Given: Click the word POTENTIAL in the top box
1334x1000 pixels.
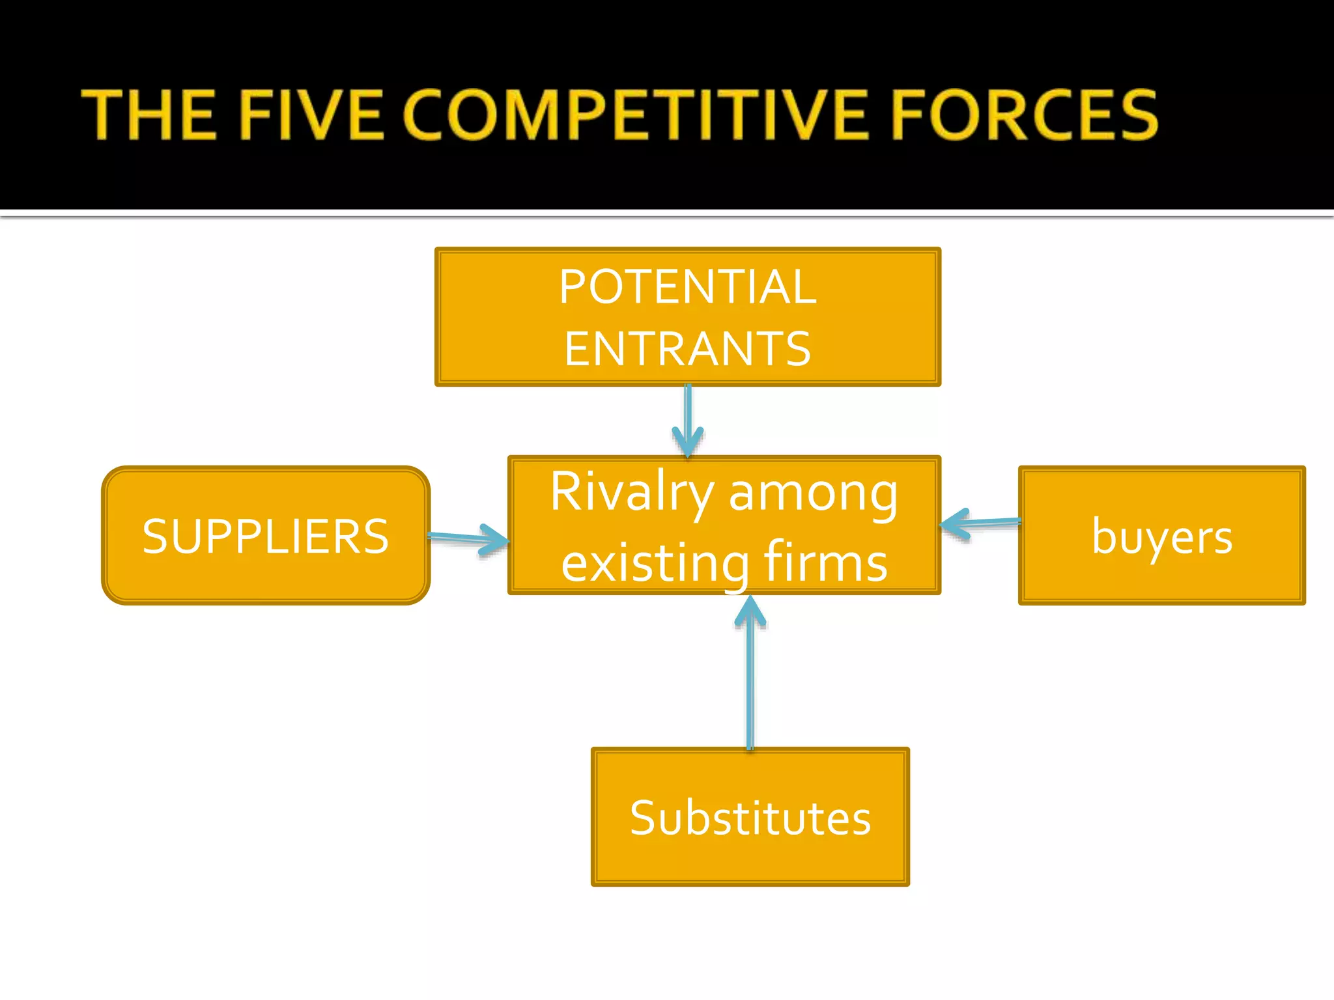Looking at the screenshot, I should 687,287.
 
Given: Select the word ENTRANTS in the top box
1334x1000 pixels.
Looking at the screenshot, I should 687,350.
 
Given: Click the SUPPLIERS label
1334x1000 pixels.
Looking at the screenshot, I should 265,537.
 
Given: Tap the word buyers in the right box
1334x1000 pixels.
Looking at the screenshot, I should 1162,537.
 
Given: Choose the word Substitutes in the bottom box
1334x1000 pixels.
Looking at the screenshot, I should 750,818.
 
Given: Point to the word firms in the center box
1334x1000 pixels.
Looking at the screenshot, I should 825,562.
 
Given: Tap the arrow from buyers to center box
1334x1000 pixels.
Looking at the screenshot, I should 990,522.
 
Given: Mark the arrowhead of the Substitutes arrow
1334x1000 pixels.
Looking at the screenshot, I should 750,609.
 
